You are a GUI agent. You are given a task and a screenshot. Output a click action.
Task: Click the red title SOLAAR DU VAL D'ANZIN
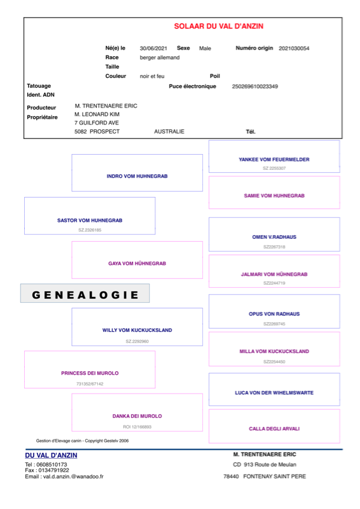click(219, 26)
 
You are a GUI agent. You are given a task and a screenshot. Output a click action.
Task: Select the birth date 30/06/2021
click(153, 48)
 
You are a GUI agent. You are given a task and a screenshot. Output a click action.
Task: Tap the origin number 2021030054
click(294, 48)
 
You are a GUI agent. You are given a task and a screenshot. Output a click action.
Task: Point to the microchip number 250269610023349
click(255, 86)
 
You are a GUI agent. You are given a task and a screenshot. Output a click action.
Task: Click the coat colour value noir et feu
click(152, 76)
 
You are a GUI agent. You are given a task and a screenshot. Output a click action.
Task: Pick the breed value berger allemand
click(159, 57)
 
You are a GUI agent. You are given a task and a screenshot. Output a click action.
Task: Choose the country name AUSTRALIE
click(169, 131)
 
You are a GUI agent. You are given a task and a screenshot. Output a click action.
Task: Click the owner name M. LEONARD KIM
click(97, 114)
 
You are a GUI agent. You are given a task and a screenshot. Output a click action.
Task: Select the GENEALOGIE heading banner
click(85, 293)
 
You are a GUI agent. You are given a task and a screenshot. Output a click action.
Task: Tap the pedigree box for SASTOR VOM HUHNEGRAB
click(90, 216)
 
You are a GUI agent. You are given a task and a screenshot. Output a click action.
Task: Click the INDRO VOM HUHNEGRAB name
click(137, 177)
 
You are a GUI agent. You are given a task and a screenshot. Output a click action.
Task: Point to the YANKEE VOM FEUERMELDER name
click(274, 160)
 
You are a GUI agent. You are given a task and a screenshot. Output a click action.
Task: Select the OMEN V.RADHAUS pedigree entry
click(274, 234)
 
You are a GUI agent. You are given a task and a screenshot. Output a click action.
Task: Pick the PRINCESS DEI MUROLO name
click(90, 374)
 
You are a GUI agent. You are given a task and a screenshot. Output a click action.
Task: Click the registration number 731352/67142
click(90, 384)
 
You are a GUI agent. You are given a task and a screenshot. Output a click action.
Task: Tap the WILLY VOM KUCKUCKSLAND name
click(137, 330)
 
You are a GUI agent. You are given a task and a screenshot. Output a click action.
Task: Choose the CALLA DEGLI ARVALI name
click(274, 429)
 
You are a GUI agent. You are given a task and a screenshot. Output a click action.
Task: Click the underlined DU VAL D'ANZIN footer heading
click(51, 455)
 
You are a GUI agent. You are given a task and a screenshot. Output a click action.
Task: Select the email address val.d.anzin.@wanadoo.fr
click(64, 476)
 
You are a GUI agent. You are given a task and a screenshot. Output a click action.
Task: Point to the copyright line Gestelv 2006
click(82, 441)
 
